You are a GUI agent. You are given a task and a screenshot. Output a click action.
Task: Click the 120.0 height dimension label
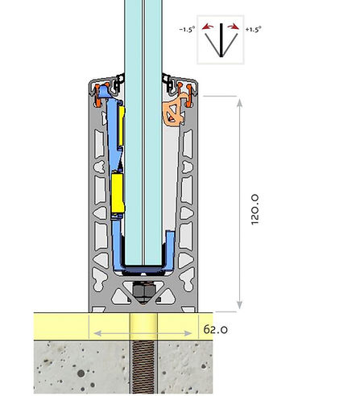click(254, 209)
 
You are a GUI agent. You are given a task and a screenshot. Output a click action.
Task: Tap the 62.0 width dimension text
click(215, 329)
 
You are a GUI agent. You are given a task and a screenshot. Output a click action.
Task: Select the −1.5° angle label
click(187, 29)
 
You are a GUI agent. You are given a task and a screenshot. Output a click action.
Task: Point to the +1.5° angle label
click(253, 29)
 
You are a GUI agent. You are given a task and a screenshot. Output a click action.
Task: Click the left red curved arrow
click(208, 27)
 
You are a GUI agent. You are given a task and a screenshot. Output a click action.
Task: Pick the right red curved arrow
click(233, 27)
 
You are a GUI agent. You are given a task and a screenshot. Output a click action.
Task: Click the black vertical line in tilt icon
click(221, 40)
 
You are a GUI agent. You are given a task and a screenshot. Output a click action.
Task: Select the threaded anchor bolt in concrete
click(143, 367)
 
